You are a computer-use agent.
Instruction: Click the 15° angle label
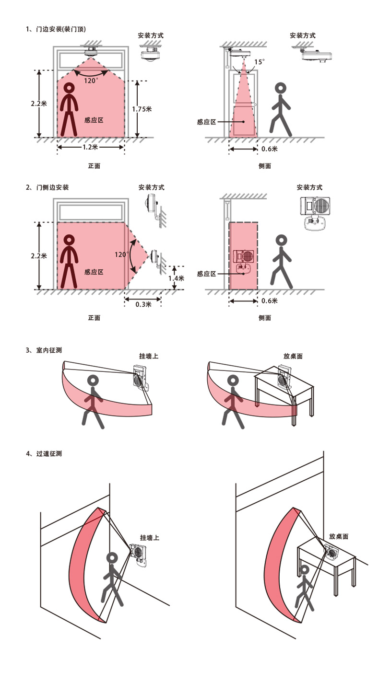pos(259,62)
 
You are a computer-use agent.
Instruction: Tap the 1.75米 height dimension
pos(142,109)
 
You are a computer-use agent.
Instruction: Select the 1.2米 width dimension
pos(90,147)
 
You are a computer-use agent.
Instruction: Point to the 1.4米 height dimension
pos(177,278)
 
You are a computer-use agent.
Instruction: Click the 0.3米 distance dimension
pos(143,304)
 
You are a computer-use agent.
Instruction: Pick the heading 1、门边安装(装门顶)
pos(56,29)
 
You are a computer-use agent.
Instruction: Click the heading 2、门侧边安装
pos(47,187)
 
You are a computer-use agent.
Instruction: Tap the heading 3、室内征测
pos(44,350)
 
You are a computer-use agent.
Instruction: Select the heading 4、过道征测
pos(44,454)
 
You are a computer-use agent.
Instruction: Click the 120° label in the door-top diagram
pos(91,81)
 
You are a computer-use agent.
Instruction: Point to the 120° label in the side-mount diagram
pos(121,254)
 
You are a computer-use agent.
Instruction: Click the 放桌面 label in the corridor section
pos(339,536)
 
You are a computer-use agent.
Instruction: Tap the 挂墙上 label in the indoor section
pos(149,356)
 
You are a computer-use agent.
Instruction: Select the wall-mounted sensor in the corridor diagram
pos(139,556)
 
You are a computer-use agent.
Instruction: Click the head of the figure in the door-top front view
pos(69,88)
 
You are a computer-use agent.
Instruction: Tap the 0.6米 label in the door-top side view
pos(270,149)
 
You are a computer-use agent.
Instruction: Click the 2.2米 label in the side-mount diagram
pos(39,256)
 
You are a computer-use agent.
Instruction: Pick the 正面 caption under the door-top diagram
pos(94,166)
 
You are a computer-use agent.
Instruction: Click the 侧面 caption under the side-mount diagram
pos(265,318)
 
